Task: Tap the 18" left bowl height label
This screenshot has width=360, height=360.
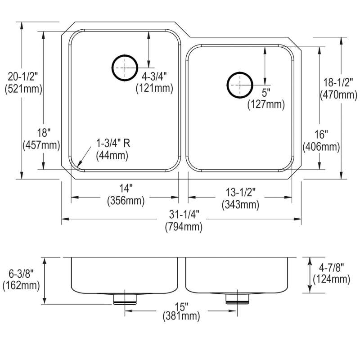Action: (x=41, y=139)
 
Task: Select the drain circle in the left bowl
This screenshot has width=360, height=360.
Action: (x=125, y=68)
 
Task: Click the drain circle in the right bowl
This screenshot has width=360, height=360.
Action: (x=240, y=85)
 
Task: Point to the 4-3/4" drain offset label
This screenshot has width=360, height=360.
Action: (x=154, y=82)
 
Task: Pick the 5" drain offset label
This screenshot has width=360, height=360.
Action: (x=266, y=99)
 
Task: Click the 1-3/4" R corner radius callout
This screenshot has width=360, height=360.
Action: (x=113, y=150)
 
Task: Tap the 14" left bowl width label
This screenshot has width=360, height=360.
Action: (x=126, y=195)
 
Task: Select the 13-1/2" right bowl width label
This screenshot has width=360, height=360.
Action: (x=240, y=198)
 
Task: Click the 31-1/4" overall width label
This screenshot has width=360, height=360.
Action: (x=184, y=220)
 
